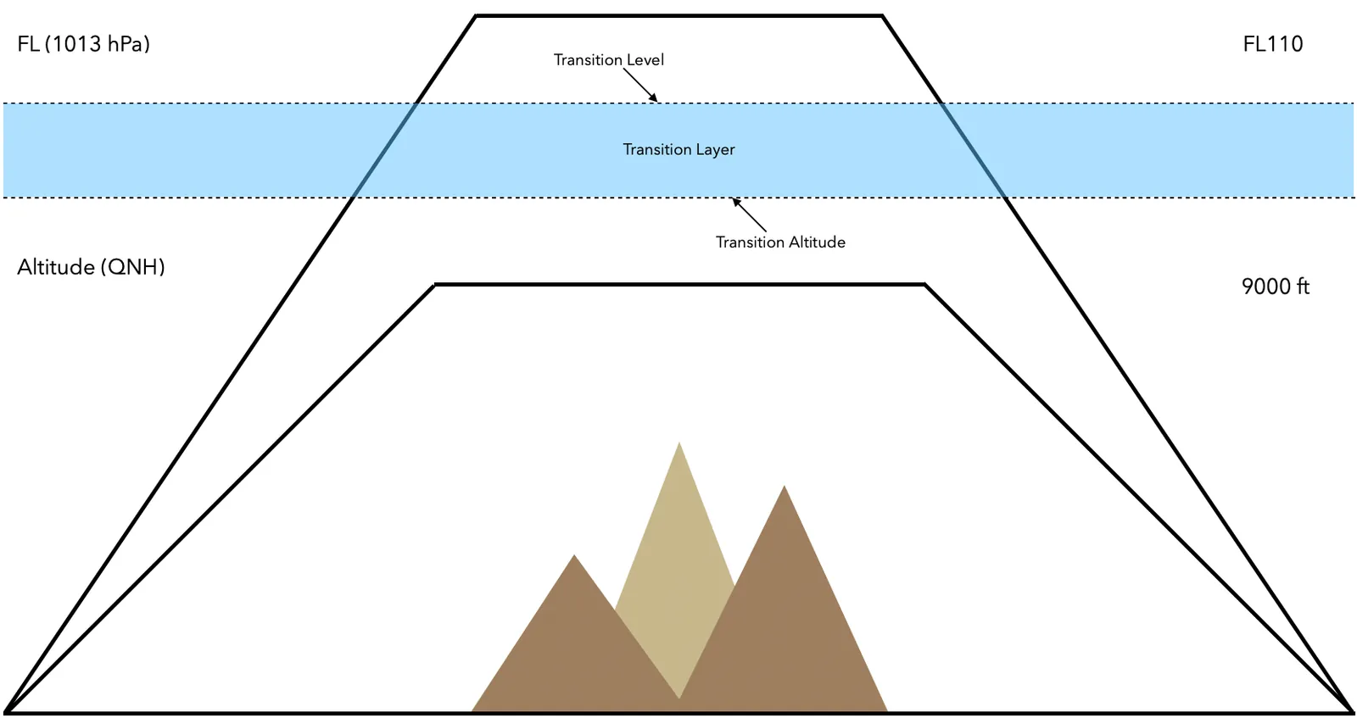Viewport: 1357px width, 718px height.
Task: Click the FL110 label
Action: [1272, 44]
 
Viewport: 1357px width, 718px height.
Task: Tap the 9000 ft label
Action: [1275, 287]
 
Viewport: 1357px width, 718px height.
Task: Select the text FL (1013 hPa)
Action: [83, 44]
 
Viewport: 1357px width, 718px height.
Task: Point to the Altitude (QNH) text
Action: [91, 267]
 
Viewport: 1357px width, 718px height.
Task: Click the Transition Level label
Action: [608, 60]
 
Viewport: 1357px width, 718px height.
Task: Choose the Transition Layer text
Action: [678, 149]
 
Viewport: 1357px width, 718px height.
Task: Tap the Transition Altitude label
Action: [780, 242]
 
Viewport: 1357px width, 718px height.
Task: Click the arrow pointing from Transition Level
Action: [641, 85]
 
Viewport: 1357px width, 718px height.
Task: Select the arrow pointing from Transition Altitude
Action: [749, 214]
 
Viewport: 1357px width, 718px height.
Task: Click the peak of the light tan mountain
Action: [678, 443]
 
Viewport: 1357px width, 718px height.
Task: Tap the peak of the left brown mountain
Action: [574, 556]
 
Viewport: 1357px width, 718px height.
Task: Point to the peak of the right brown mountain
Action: [785, 487]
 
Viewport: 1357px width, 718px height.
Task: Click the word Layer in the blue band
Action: [715, 150]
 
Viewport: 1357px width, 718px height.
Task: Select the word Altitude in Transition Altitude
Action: [817, 242]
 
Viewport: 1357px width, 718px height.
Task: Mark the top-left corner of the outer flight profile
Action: [476, 15]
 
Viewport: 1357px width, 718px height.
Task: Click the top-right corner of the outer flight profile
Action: [882, 15]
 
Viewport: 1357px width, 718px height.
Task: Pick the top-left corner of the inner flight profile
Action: [434, 285]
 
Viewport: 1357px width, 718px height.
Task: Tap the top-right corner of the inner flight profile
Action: [924, 285]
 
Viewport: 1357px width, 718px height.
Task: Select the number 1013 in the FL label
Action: [77, 44]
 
